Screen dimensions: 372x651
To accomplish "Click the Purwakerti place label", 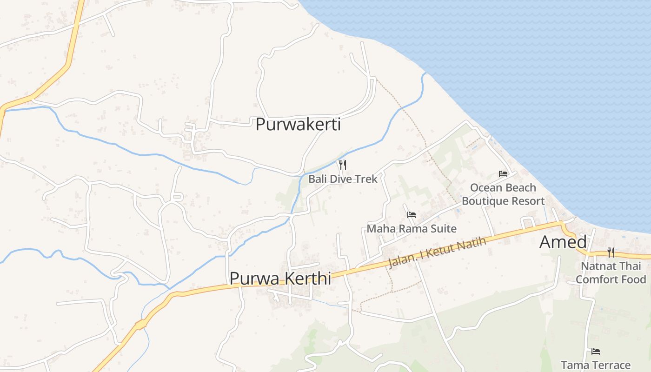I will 298,125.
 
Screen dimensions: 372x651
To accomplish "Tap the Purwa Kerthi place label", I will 280,279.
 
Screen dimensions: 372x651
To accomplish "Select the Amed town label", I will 563,242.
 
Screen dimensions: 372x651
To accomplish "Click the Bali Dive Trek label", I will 343,179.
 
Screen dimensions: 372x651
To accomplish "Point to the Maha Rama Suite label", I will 412,229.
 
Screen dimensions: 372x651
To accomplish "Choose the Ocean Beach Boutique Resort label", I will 503,194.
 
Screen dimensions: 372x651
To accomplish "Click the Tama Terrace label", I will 596,365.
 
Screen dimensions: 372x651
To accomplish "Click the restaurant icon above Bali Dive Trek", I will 343,165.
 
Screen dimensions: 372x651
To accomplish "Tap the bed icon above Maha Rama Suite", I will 412,215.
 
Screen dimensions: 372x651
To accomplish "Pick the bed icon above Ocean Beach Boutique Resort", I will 503,174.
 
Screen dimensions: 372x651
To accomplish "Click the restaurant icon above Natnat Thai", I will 611,252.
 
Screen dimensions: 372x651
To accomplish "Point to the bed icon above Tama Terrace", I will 596,352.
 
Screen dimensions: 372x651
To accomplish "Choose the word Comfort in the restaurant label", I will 597,279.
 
